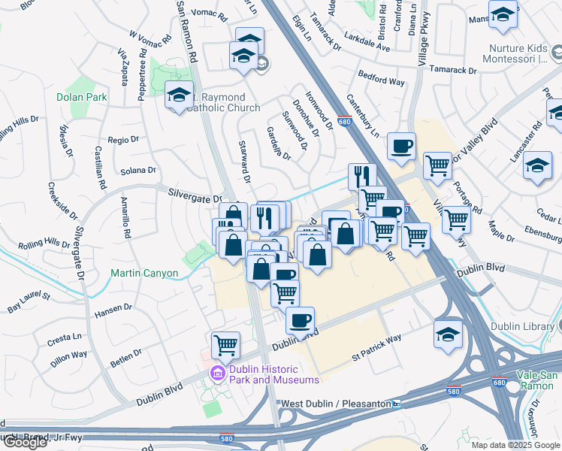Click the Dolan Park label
pyautogui.click(x=81, y=97)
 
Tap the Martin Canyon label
pyautogui.click(x=144, y=273)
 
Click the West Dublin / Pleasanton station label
pyautogui.click(x=335, y=404)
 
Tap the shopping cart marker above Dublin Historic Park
pyautogui.click(x=225, y=345)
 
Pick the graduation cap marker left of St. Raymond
pyautogui.click(x=178, y=95)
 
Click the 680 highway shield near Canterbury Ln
pyautogui.click(x=345, y=122)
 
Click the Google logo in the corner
pyautogui.click(x=25, y=442)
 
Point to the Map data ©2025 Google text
pyautogui.click(x=515, y=445)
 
